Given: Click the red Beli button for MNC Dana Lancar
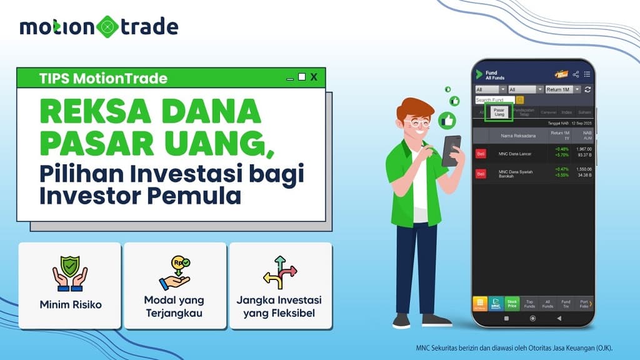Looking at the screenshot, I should tap(481, 153).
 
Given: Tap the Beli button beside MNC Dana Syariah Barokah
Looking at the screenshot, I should tap(481, 174).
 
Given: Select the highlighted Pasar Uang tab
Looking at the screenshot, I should tap(499, 112).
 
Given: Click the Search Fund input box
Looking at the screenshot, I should tap(494, 100).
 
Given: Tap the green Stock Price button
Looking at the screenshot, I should tap(512, 304).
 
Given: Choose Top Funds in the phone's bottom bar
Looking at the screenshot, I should tap(530, 304).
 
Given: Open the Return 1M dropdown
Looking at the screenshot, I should tap(563, 89).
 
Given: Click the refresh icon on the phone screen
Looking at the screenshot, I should tap(587, 89).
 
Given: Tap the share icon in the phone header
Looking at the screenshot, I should tap(576, 74).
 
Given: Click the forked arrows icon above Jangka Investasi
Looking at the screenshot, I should tap(280, 272).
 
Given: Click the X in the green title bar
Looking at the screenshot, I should tap(314, 77).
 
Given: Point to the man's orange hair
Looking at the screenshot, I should tap(414, 108).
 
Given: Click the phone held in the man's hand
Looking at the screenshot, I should tap(451, 151).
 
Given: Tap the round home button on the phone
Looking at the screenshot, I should tap(532, 318).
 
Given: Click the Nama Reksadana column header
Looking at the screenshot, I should tap(517, 135).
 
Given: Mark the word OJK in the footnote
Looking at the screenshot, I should tap(603, 348).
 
